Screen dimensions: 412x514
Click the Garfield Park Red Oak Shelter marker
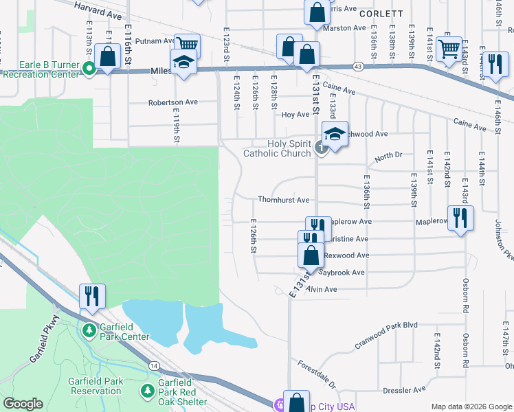click(147, 391)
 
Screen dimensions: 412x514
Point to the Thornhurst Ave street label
click(284, 201)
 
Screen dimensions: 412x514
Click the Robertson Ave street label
click(173, 102)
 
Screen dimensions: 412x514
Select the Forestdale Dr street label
click(317, 374)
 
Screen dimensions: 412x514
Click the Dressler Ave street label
click(405, 390)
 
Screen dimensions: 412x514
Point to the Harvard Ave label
click(97, 8)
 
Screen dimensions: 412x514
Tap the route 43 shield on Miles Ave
click(359, 66)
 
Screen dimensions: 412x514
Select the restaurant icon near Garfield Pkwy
click(92, 296)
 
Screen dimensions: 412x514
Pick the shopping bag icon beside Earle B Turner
click(107, 56)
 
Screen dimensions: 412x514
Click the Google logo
click(23, 404)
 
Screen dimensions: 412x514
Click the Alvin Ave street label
click(322, 290)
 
